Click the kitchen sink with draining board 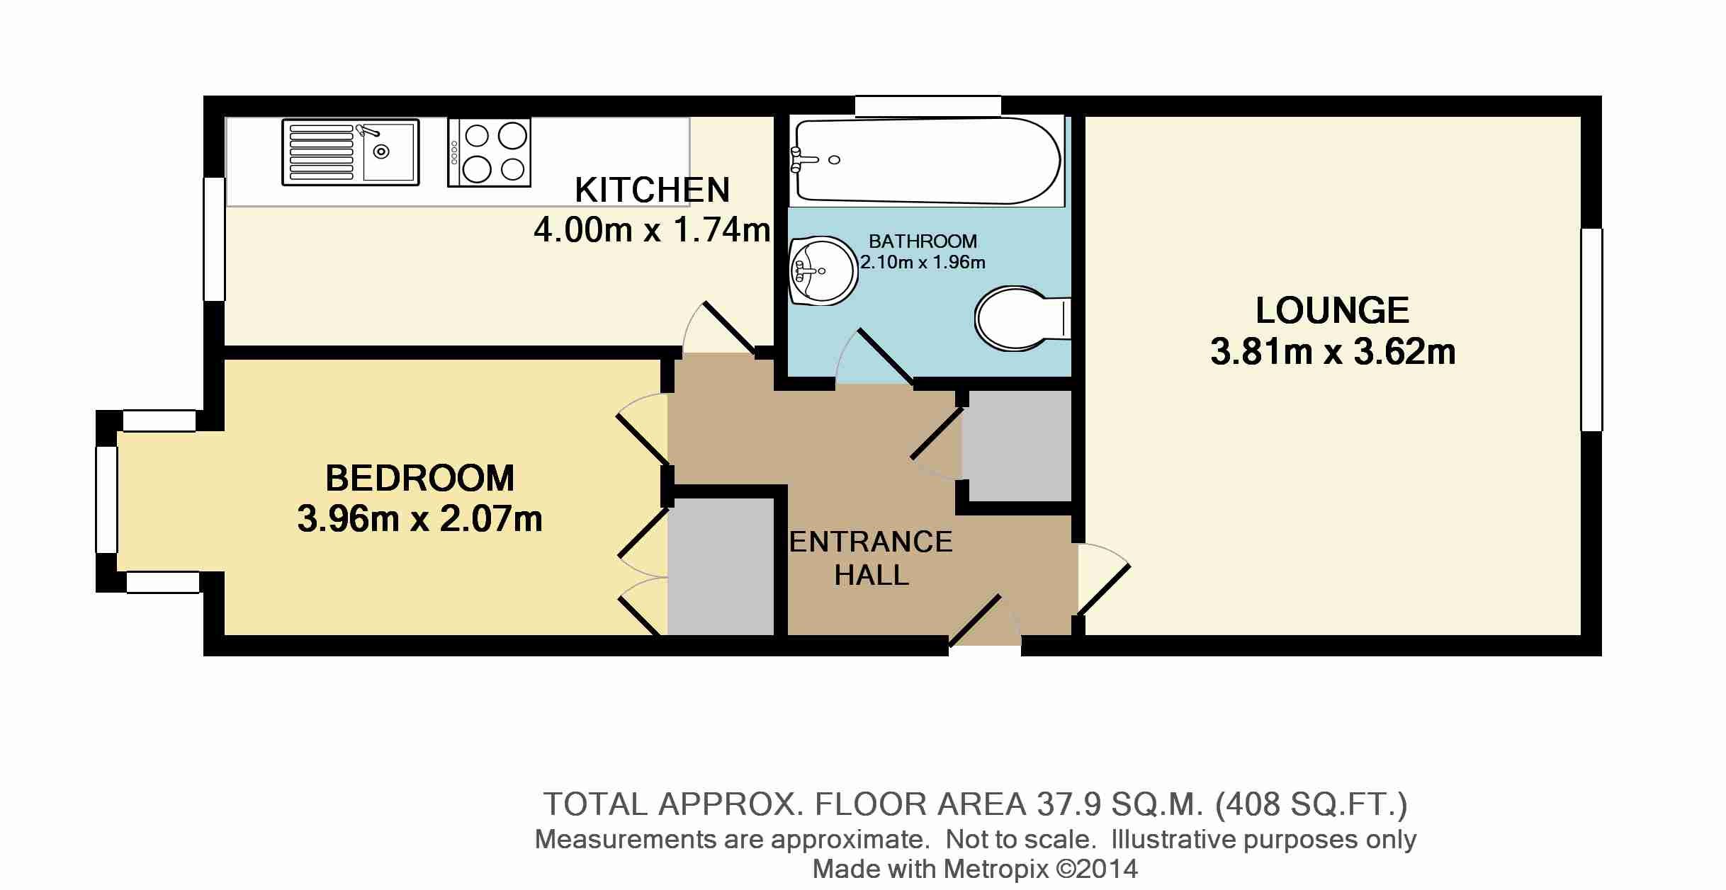click(350, 152)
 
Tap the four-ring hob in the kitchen click(489, 152)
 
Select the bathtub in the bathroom click(926, 161)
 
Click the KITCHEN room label click(652, 190)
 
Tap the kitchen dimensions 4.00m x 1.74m click(652, 230)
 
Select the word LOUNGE click(1332, 310)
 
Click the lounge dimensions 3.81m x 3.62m click(1332, 352)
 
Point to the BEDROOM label click(419, 478)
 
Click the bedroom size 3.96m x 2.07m click(419, 519)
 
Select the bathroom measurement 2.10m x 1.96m click(923, 263)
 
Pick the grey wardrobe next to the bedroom click(721, 566)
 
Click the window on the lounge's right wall click(1591, 329)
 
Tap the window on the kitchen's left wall click(214, 239)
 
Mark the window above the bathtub click(927, 106)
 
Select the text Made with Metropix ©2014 click(975, 869)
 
